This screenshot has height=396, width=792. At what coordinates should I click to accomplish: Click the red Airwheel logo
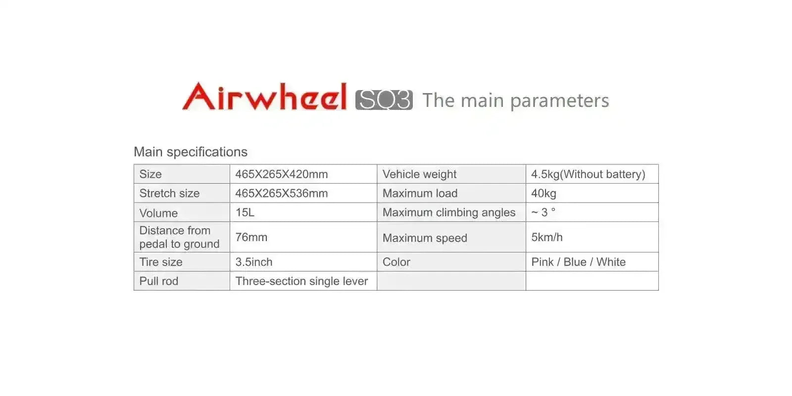pyautogui.click(x=264, y=96)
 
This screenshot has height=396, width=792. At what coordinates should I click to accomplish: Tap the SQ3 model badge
pyautogui.click(x=384, y=99)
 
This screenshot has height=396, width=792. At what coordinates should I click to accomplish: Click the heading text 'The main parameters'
pyautogui.click(x=515, y=100)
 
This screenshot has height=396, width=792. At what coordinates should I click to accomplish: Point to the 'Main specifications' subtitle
pyautogui.click(x=191, y=151)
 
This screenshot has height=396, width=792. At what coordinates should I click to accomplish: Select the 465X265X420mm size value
pyautogui.click(x=282, y=174)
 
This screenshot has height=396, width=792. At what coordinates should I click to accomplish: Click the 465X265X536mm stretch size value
pyautogui.click(x=282, y=193)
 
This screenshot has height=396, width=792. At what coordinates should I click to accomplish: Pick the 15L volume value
pyautogui.click(x=245, y=212)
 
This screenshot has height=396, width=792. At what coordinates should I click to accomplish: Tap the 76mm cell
pyautogui.click(x=251, y=237)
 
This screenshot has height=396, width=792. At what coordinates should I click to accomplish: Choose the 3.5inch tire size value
pyautogui.click(x=254, y=262)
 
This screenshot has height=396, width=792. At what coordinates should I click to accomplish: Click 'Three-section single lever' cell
pyautogui.click(x=301, y=281)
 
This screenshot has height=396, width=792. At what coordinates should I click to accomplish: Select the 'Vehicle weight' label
pyautogui.click(x=419, y=174)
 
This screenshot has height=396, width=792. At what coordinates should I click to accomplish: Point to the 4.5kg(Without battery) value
pyautogui.click(x=589, y=174)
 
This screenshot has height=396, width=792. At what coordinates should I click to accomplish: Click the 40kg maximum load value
pyautogui.click(x=544, y=194)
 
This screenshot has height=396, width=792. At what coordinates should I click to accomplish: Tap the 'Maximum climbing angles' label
pyautogui.click(x=449, y=212)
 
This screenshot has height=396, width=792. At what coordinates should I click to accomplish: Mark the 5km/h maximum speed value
pyautogui.click(x=547, y=237)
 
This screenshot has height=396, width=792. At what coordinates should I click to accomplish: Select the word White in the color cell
pyautogui.click(x=611, y=262)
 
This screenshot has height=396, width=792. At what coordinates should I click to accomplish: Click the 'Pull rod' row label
pyautogui.click(x=159, y=281)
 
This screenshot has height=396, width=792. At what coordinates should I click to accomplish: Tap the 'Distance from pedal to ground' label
pyautogui.click(x=179, y=237)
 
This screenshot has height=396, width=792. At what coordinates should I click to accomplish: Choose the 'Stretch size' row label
pyautogui.click(x=169, y=193)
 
